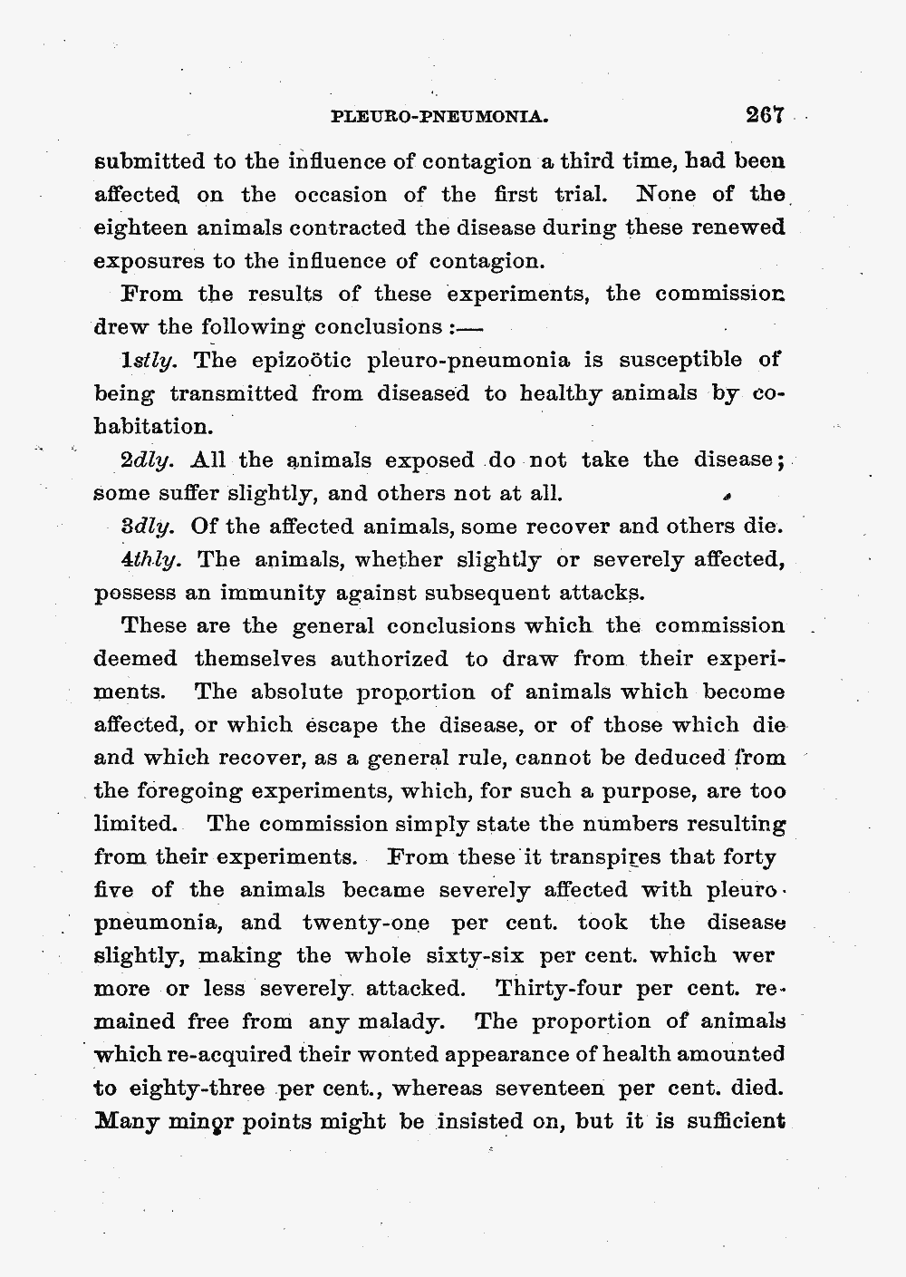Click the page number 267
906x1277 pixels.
(x=764, y=115)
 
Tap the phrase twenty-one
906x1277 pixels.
(x=366, y=923)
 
